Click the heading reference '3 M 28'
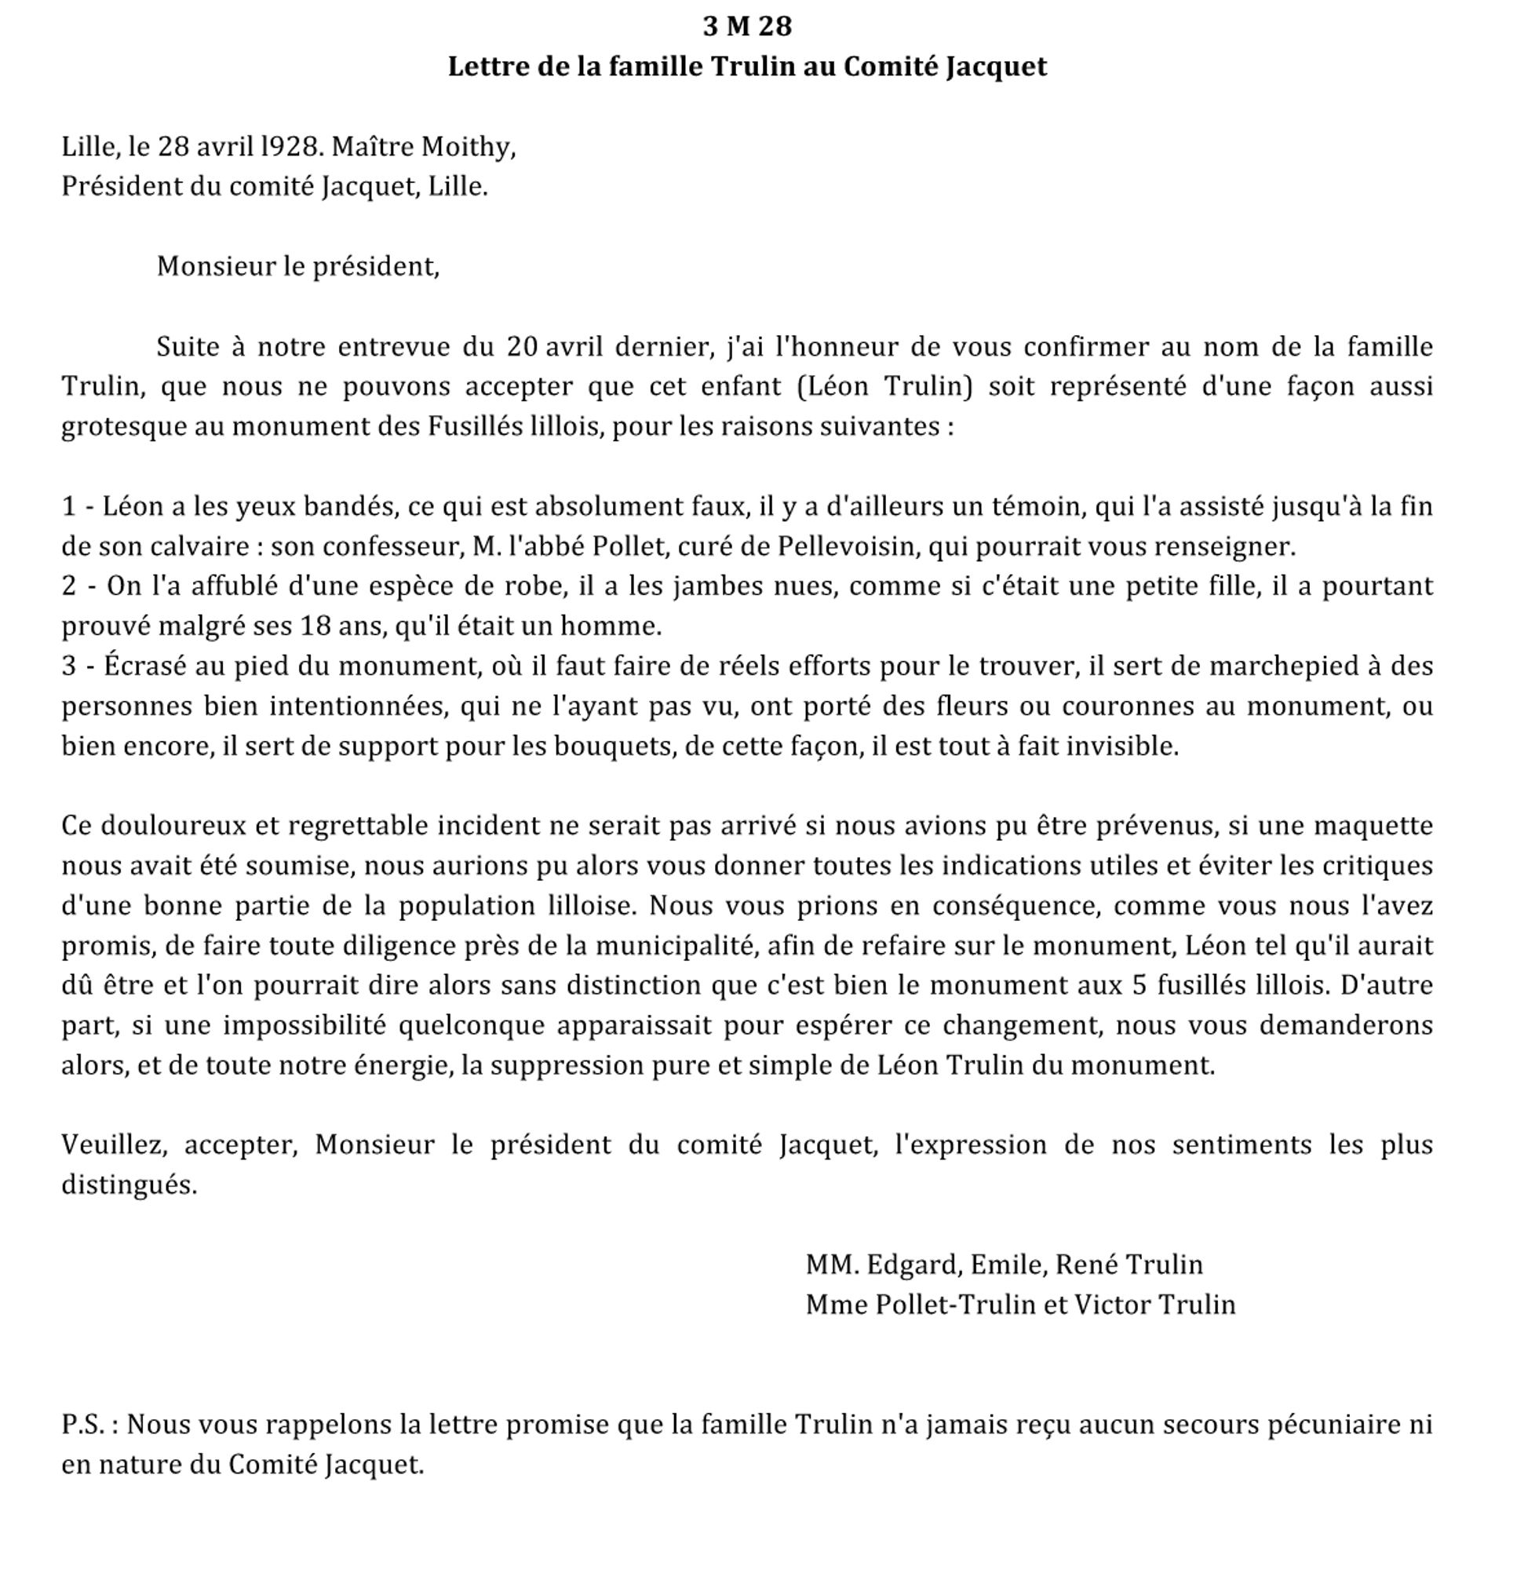(x=746, y=27)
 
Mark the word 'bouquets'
(x=576, y=747)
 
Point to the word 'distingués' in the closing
(x=128, y=1185)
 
